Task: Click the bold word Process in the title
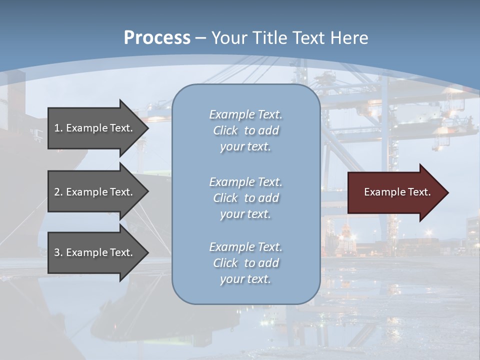tap(157, 38)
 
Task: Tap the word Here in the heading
tap(348, 38)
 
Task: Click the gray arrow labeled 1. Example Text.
tap(95, 128)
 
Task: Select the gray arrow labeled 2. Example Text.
tap(95, 192)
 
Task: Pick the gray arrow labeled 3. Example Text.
tap(95, 252)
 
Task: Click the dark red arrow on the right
tap(395, 192)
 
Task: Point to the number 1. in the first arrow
tap(58, 128)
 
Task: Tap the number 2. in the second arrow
tap(58, 192)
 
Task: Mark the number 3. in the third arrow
tap(58, 252)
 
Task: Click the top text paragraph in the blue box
tap(245, 130)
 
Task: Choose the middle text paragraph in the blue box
tap(245, 198)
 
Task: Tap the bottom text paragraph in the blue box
tap(245, 263)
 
